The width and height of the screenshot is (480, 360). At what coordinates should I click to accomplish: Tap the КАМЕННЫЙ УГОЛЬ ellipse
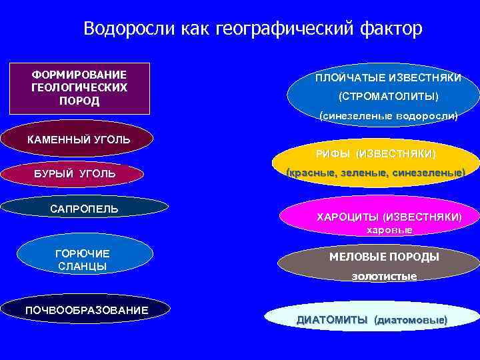[78, 140]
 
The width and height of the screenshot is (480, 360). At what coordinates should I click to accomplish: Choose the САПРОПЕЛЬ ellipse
[85, 209]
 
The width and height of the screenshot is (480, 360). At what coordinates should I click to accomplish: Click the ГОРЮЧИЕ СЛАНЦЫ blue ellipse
[83, 259]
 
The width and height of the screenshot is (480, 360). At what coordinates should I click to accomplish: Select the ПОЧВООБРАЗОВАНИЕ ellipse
[87, 311]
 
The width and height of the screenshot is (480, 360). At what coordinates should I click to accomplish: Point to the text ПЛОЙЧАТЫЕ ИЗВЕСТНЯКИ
[389, 79]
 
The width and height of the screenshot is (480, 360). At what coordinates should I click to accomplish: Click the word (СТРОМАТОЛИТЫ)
[389, 97]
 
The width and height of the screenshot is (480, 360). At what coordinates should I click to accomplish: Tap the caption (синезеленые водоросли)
[389, 115]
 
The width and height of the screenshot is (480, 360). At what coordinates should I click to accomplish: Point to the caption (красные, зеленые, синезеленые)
[375, 173]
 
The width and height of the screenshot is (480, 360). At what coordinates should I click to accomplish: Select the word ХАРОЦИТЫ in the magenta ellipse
[346, 217]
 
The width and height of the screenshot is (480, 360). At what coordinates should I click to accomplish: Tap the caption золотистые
[384, 276]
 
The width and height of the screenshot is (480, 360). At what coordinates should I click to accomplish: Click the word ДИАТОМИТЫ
[331, 320]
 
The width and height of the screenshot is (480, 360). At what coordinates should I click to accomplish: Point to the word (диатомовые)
[411, 320]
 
